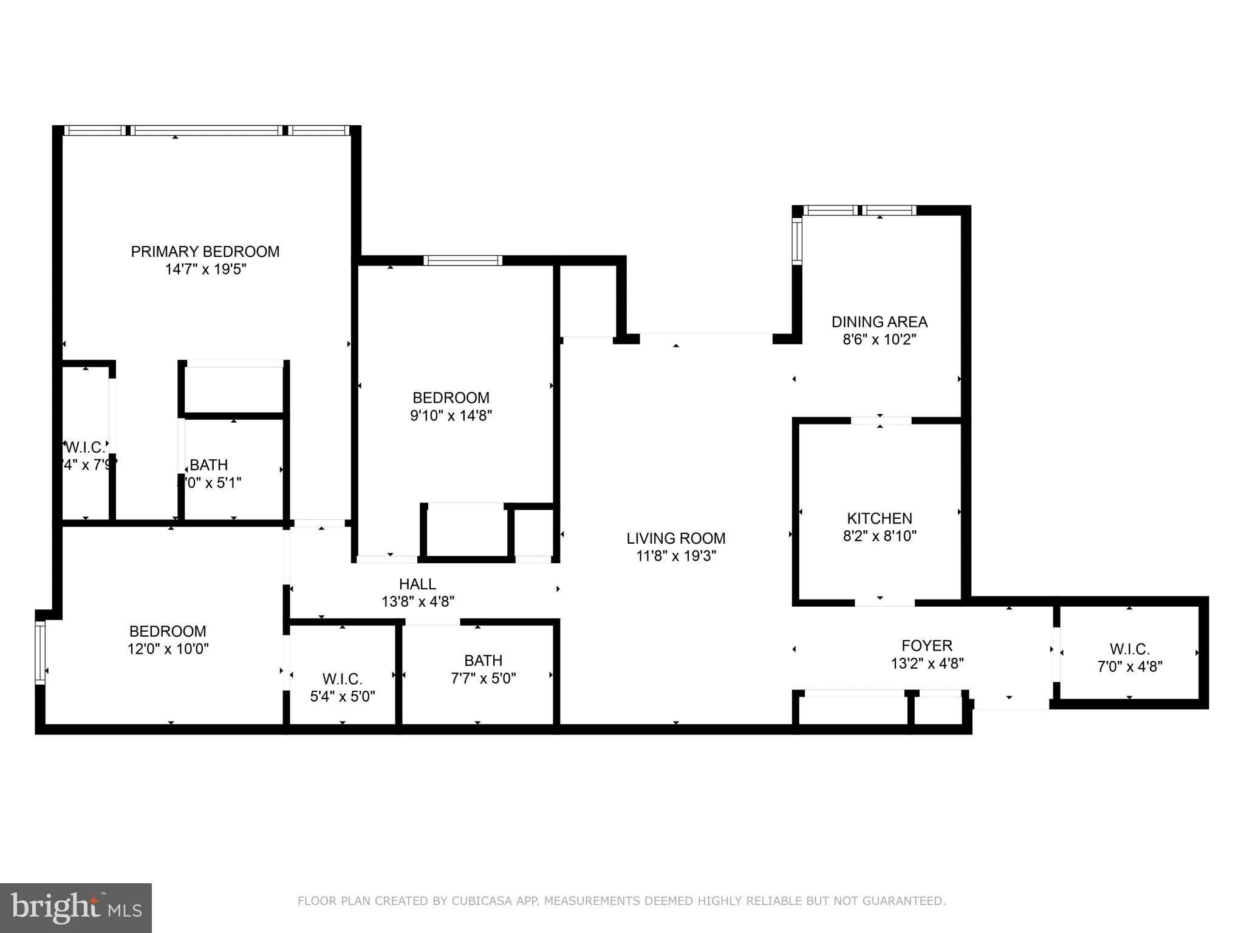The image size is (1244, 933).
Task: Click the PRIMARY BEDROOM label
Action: tap(205, 251)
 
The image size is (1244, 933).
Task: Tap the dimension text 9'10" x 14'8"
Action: tap(451, 415)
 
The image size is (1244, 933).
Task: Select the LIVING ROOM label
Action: tap(676, 538)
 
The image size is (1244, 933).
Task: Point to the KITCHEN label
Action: tap(880, 518)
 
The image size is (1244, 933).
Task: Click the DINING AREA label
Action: tap(880, 322)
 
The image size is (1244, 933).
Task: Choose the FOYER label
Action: tap(927, 645)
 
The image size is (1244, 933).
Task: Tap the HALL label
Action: tap(417, 584)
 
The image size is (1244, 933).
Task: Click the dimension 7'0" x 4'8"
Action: tap(1130, 666)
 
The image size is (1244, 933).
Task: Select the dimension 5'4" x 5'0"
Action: tap(343, 696)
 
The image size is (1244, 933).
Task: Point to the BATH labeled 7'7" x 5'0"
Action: tap(484, 660)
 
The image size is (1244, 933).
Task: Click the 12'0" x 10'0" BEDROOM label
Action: tap(168, 631)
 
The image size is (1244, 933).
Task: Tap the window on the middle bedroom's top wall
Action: tap(463, 261)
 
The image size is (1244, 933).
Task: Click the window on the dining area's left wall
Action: tap(797, 241)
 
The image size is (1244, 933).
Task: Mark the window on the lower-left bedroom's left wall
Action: tap(40, 653)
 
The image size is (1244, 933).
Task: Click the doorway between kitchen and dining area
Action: tap(881, 420)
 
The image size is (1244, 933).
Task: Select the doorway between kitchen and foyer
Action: tap(884, 603)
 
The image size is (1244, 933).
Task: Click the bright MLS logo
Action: tap(76, 908)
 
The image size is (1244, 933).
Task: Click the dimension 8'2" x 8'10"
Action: tap(880, 536)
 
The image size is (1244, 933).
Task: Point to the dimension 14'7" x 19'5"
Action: tap(205, 269)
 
